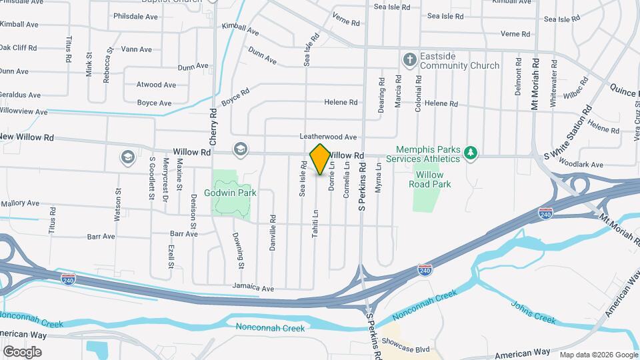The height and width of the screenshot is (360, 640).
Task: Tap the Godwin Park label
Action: pyautogui.click(x=231, y=193)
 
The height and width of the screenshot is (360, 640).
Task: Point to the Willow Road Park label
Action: pyautogui.click(x=429, y=179)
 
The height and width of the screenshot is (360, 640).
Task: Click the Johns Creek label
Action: pyautogui.click(x=533, y=312)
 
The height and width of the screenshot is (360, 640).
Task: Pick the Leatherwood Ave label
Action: pyautogui.click(x=328, y=137)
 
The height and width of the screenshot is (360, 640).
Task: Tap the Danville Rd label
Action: pyautogui.click(x=273, y=227)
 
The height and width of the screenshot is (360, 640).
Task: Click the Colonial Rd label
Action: pyautogui.click(x=419, y=93)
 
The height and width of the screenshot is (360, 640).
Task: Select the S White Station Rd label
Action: pyautogui.click(x=569, y=133)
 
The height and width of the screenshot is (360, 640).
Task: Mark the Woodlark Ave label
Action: pyautogui.click(x=581, y=165)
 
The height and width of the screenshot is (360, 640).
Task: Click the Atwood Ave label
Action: pyautogui.click(x=156, y=85)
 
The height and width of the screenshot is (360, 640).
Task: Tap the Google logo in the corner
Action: pyautogui.click(x=22, y=351)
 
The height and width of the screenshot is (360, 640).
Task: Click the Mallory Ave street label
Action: pyautogui.click(x=20, y=203)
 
